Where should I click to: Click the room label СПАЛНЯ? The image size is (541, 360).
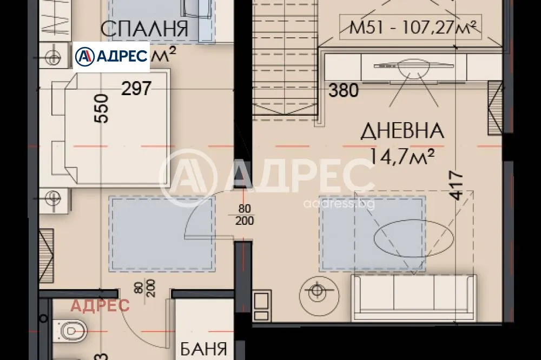click(x=144, y=29)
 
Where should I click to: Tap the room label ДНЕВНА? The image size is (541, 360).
click(x=403, y=131)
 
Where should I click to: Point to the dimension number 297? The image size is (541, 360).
click(x=136, y=88)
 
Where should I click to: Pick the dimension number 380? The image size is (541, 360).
click(x=344, y=90)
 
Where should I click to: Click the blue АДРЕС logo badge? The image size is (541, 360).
click(x=112, y=56)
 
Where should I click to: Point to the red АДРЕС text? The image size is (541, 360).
click(x=101, y=305)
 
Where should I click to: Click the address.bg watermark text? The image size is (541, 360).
click(x=339, y=204)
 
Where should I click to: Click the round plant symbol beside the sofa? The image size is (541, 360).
click(x=315, y=290)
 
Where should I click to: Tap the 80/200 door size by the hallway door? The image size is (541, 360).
click(x=245, y=216)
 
